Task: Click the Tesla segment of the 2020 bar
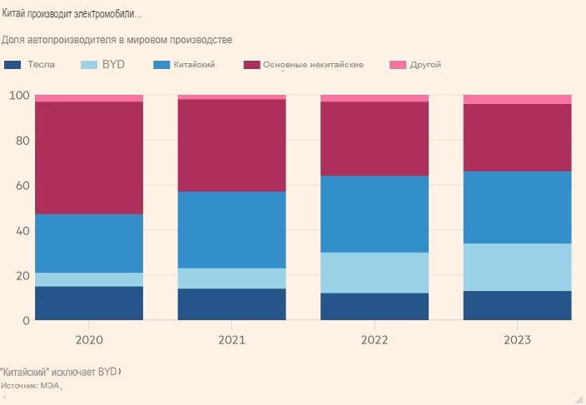pyautogui.click(x=89, y=303)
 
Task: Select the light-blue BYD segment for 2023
pyautogui.click(x=517, y=267)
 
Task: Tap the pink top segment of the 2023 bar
pyautogui.click(x=517, y=100)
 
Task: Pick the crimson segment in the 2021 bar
pyautogui.click(x=232, y=146)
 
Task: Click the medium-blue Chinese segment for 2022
pyautogui.click(x=375, y=214)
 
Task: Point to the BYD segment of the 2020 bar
pyautogui.click(x=89, y=279)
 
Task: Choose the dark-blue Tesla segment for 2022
pyautogui.click(x=375, y=306)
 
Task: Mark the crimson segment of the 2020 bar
pyautogui.click(x=89, y=158)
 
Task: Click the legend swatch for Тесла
pyautogui.click(x=12, y=65)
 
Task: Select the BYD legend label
pyautogui.click(x=113, y=65)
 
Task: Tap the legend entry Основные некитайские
pyautogui.click(x=312, y=65)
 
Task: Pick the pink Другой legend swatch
pyautogui.click(x=397, y=65)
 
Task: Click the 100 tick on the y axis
pyautogui.click(x=19, y=96)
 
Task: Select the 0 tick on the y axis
pyautogui.click(x=26, y=320)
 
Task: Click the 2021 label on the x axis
pyautogui.click(x=232, y=340)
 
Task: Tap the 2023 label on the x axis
pyautogui.click(x=517, y=340)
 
